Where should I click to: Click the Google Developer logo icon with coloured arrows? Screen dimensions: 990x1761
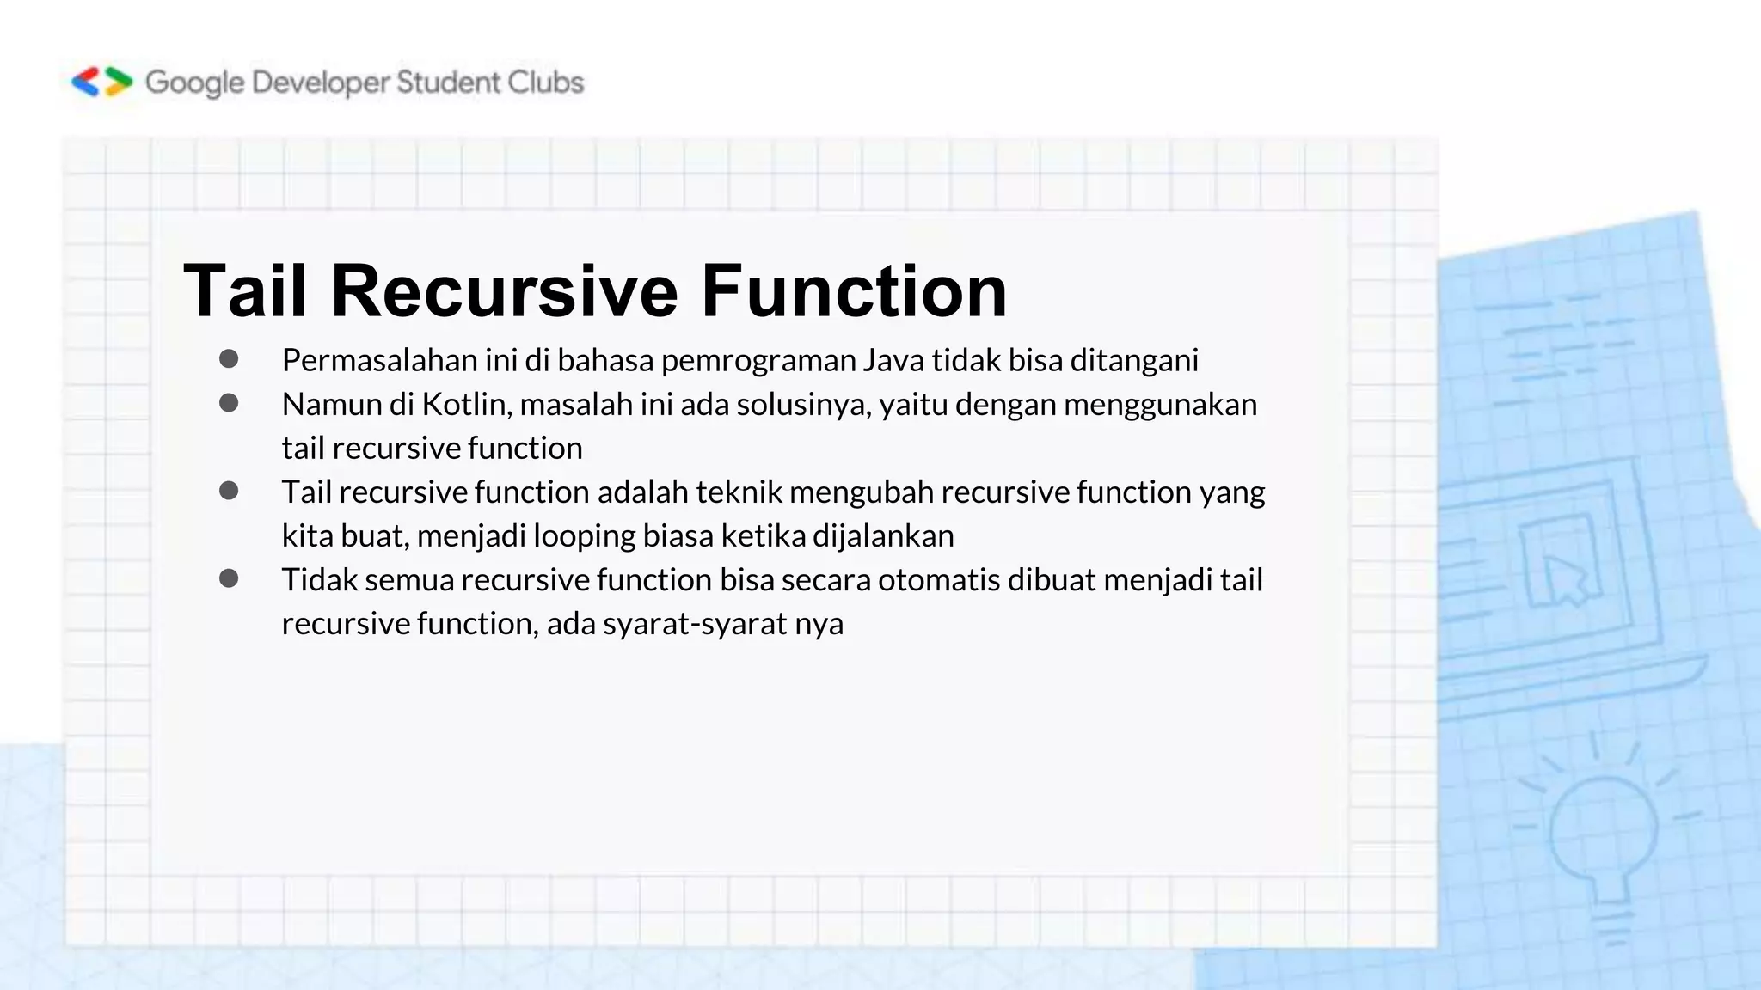[102, 82]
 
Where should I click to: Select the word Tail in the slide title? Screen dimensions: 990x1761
[245, 290]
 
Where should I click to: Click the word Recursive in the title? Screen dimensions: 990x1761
[505, 290]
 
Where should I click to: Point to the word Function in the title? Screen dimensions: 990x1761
[854, 290]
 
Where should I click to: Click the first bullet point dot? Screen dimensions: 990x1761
[229, 359]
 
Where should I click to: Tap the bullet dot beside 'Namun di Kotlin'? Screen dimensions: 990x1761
[229, 403]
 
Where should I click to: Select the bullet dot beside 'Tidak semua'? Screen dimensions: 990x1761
[229, 578]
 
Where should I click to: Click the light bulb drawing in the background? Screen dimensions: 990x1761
[1605, 834]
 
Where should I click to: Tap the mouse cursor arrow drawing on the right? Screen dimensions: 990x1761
[1565, 577]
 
